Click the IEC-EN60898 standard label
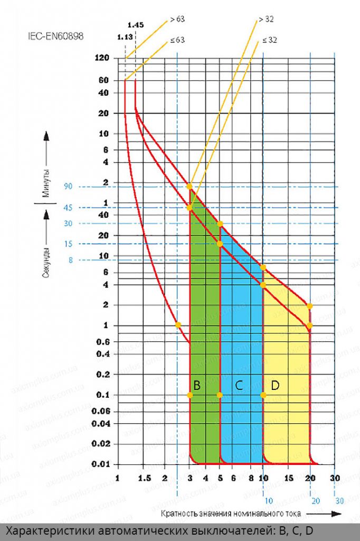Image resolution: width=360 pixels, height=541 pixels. tap(55, 37)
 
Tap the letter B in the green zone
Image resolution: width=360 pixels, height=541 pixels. tap(197, 385)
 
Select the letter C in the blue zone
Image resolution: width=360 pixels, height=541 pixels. tap(239, 385)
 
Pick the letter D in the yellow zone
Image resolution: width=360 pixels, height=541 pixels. tap(275, 385)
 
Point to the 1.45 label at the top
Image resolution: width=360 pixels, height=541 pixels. tap(136, 24)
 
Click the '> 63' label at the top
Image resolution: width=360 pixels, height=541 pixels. tap(177, 20)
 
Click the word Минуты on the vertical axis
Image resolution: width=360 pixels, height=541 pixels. tap(46, 181)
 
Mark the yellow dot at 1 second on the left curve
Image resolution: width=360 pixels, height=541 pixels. tap(178, 324)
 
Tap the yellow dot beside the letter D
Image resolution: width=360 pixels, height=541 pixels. tap(263, 395)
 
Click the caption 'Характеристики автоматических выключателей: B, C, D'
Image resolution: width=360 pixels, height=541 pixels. tap(162, 531)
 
